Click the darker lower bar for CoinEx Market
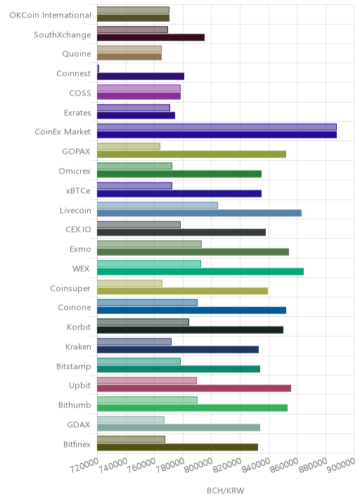(217, 135)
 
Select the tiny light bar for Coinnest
(98, 68)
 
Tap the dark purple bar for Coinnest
(141, 77)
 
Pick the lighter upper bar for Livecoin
(157, 205)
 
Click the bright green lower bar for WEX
(200, 272)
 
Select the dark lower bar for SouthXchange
(150, 37)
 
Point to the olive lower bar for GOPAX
(191, 155)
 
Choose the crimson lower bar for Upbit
(194, 388)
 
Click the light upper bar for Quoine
(129, 49)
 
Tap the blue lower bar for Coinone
(191, 311)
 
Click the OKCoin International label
(51, 15)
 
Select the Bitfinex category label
(77, 444)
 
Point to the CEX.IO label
(78, 230)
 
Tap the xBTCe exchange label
(78, 191)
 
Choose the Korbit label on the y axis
(79, 327)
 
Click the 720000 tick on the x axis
(84, 466)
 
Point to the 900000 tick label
(341, 465)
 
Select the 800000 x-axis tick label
(198, 466)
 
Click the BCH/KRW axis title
(226, 491)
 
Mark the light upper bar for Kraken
(134, 341)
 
